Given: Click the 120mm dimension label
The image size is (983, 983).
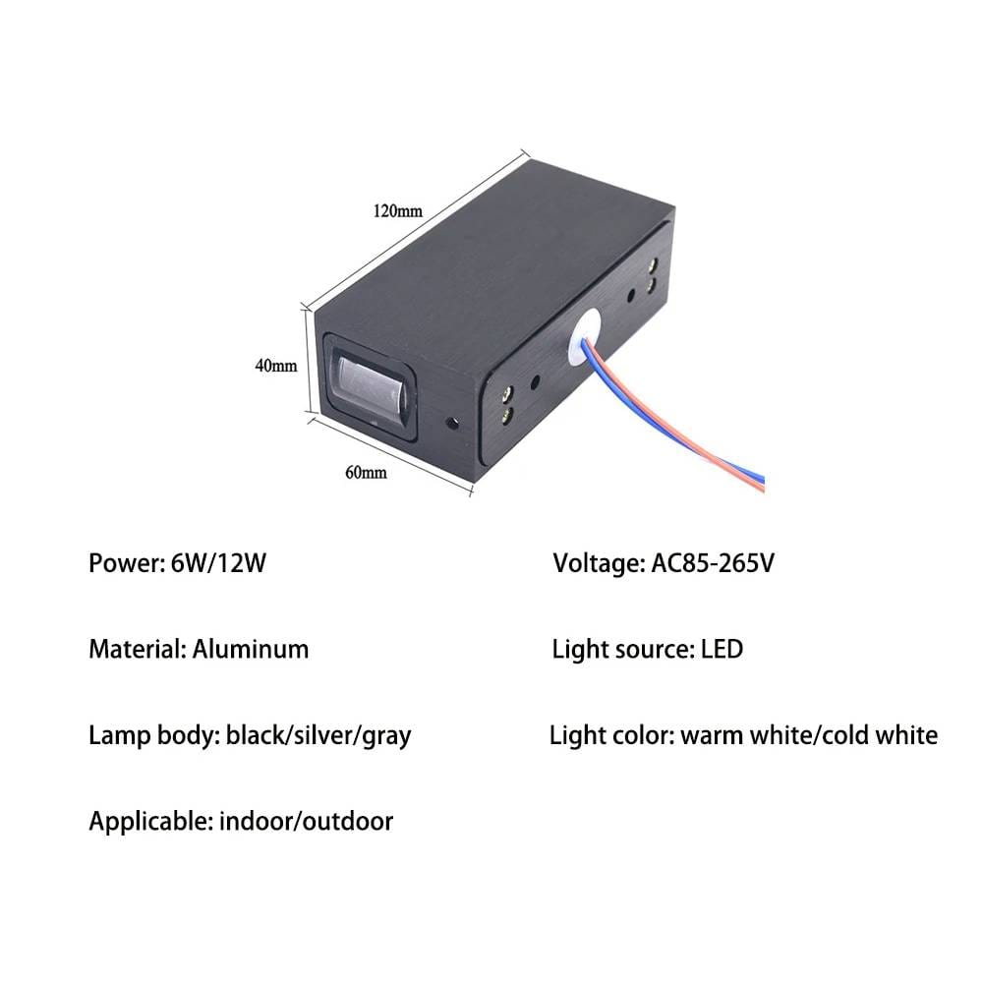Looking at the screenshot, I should [x=396, y=211].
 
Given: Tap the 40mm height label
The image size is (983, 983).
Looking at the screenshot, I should [x=276, y=366].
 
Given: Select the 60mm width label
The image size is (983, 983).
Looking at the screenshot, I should [x=366, y=472].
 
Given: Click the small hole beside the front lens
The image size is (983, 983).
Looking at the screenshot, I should [x=453, y=425].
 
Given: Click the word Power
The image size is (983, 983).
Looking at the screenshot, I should [x=121, y=564].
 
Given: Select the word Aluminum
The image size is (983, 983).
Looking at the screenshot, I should [x=251, y=649].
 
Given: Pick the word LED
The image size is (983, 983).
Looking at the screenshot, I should [x=722, y=649].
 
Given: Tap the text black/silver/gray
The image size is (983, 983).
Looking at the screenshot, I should [x=318, y=735].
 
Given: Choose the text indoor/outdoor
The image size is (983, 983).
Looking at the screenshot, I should [x=307, y=821].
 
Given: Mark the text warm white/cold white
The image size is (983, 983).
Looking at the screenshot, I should [x=808, y=735].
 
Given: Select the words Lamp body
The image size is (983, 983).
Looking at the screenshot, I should [x=152, y=735].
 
